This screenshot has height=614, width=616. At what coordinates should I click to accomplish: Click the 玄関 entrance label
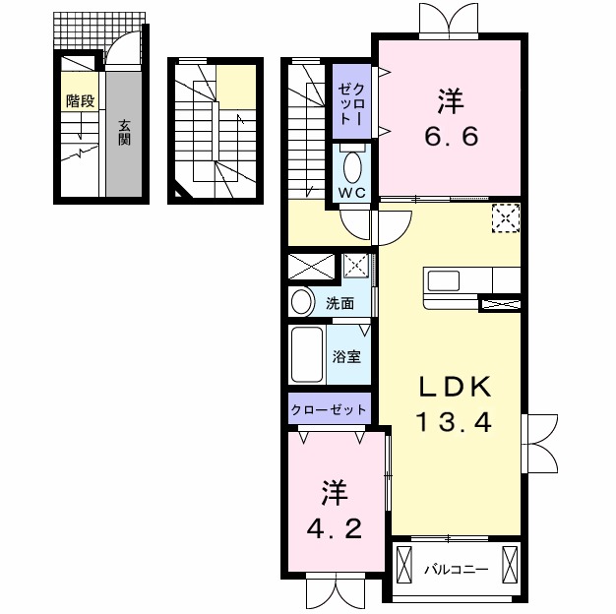[124, 133]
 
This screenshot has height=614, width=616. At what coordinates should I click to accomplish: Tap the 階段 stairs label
[80, 101]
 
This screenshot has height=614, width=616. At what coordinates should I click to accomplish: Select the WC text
[352, 193]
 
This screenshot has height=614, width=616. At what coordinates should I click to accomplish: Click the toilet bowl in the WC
[352, 167]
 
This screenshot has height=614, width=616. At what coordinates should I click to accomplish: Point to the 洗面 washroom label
[340, 303]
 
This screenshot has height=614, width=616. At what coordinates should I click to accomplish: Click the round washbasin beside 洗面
[302, 302]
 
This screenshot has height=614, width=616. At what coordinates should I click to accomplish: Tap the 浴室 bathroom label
[346, 356]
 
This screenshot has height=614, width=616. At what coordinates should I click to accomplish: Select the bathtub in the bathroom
[307, 354]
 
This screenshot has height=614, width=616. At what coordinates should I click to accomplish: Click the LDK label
[455, 387]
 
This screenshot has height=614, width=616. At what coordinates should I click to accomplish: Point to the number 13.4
[455, 423]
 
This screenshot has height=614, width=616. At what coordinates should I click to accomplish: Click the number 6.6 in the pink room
[451, 137]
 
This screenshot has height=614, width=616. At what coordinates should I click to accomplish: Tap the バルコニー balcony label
[457, 569]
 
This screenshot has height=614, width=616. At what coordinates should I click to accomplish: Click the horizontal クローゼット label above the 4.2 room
[329, 409]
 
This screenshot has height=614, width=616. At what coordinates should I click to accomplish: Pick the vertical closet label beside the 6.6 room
[351, 101]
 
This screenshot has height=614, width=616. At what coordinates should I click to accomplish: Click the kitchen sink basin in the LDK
[444, 280]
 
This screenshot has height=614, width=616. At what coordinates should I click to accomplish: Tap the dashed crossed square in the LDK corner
[506, 218]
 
